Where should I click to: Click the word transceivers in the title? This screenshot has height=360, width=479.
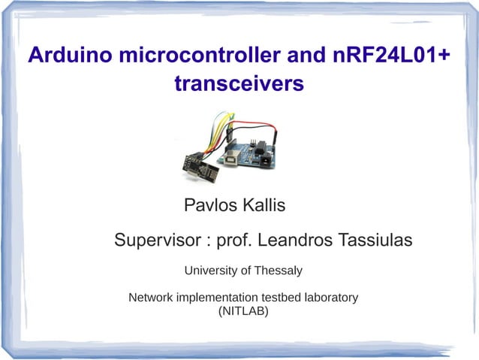point(239,84)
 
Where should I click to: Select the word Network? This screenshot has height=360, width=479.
point(151,298)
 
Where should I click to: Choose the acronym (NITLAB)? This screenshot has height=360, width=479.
point(243,310)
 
